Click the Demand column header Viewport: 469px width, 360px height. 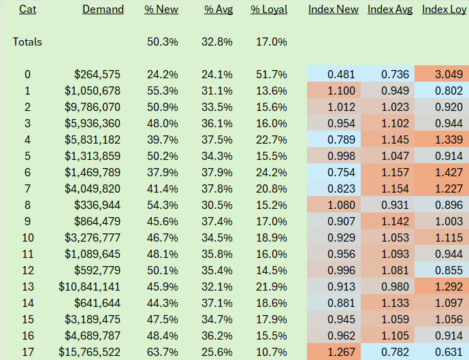[x=103, y=10]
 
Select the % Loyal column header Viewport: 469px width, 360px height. [x=269, y=10]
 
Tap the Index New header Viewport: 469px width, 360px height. [x=334, y=10]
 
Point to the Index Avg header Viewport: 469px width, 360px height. [x=390, y=10]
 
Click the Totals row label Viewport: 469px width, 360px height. [x=27, y=42]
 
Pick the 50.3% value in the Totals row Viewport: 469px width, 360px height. [x=163, y=42]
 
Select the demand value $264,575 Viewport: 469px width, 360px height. [x=97, y=74]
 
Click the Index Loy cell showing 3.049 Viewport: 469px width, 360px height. [x=449, y=74]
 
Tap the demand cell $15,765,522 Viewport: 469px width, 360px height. [x=89, y=352]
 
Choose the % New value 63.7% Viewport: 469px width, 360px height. [x=163, y=352]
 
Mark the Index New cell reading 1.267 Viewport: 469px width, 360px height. [x=341, y=352]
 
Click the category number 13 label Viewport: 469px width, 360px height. [x=27, y=287]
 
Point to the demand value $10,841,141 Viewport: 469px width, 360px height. [x=89, y=287]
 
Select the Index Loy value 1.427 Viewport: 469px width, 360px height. [x=449, y=173]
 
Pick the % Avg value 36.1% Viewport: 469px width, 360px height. [x=217, y=123]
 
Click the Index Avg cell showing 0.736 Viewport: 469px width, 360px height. [x=395, y=74]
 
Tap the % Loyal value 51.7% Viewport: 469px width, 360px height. [x=272, y=74]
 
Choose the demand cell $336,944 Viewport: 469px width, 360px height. [x=97, y=205]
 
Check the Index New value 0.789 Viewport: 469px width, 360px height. [x=341, y=140]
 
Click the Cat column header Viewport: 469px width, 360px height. [x=27, y=10]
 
